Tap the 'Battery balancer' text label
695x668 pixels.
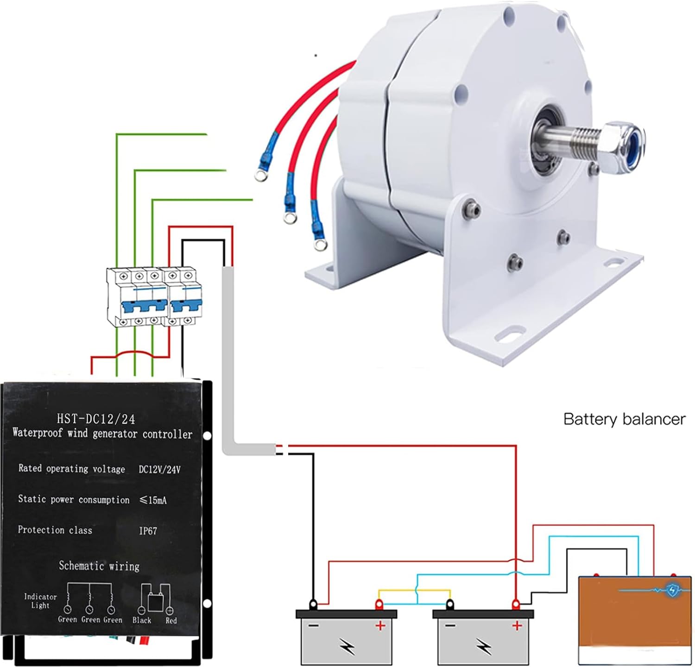click(624, 419)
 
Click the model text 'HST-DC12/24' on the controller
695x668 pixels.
click(96, 419)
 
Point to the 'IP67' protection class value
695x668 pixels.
click(148, 531)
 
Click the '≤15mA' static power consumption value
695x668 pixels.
click(153, 500)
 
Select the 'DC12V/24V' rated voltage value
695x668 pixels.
click(159, 469)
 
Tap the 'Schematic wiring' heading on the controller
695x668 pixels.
click(99, 566)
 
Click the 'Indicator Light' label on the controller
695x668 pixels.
click(40, 601)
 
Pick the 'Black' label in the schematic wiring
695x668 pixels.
click(141, 620)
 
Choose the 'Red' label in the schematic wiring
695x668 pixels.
click(171, 620)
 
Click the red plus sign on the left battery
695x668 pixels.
click(380, 626)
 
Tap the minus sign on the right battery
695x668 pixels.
click(450, 626)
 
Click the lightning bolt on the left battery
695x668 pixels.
click(347, 645)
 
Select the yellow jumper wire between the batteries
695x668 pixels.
click(414, 591)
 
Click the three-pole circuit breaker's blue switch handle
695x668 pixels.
click(144, 306)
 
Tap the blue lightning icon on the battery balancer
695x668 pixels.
click(672, 590)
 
